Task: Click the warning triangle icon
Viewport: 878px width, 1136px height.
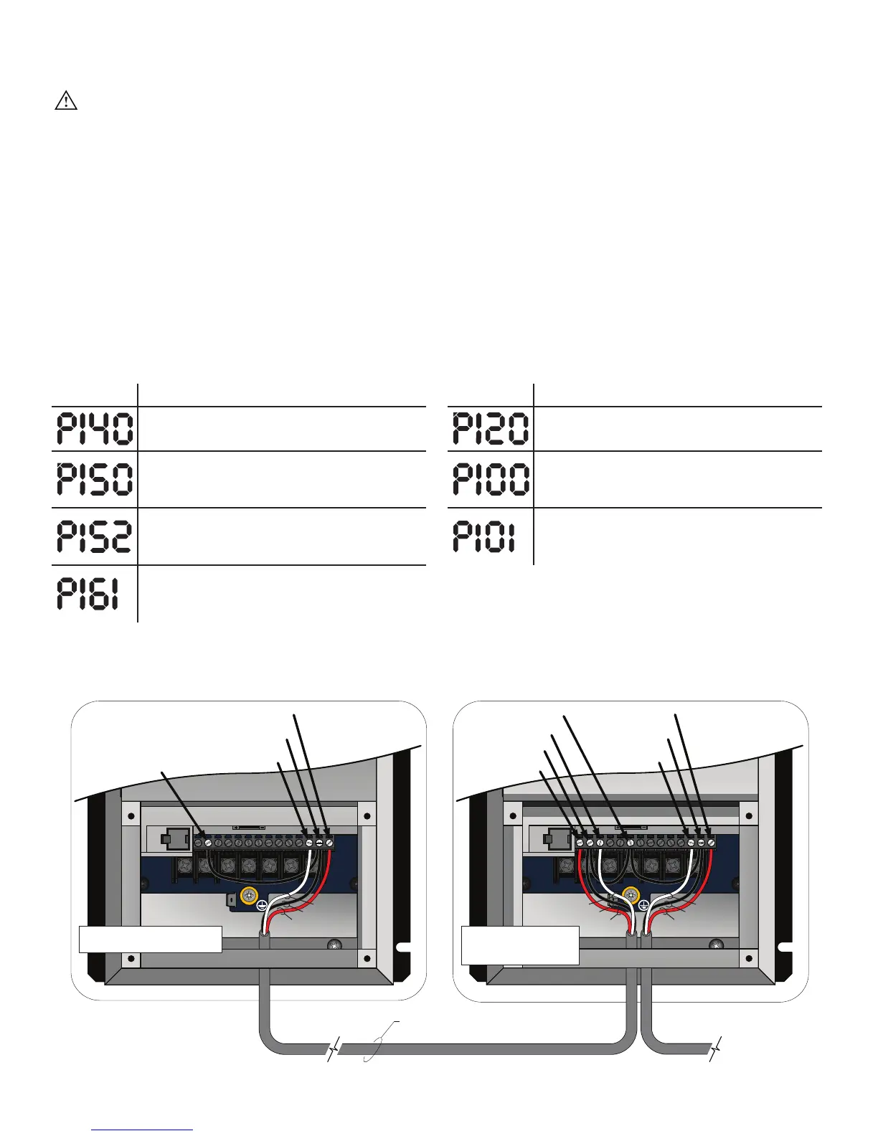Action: pos(66,101)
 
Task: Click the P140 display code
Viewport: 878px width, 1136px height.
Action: pos(94,429)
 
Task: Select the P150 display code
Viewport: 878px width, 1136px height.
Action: pos(94,479)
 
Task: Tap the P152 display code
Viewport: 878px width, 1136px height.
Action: pos(94,536)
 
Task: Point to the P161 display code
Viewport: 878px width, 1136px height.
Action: pos(88,595)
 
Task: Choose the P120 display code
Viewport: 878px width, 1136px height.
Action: pos(491,429)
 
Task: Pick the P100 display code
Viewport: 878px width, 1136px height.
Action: pos(491,479)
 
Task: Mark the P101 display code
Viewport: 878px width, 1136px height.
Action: pos(484,536)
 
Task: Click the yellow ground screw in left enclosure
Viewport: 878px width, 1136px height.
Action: pos(250,895)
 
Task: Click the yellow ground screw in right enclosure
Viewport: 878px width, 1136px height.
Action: pos(631,895)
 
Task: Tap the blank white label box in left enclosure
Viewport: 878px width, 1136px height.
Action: pos(150,939)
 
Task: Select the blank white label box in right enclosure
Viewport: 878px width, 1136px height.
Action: pos(520,945)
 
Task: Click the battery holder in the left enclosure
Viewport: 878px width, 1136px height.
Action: pos(169,838)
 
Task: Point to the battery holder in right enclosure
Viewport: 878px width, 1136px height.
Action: pos(552,838)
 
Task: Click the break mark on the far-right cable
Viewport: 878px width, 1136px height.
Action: pos(714,1049)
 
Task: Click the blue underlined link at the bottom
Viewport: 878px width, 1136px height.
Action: pos(143,1130)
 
